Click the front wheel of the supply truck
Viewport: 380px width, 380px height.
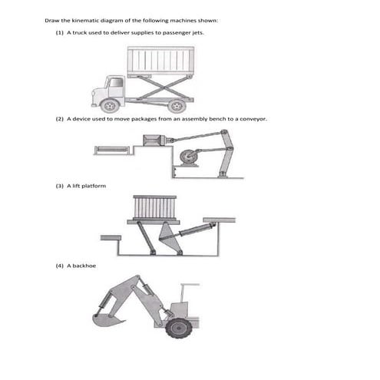tap(111, 104)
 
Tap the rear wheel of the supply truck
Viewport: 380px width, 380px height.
tap(176, 105)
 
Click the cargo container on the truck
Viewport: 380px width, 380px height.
tap(160, 60)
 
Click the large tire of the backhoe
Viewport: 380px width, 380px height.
tap(178, 327)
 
